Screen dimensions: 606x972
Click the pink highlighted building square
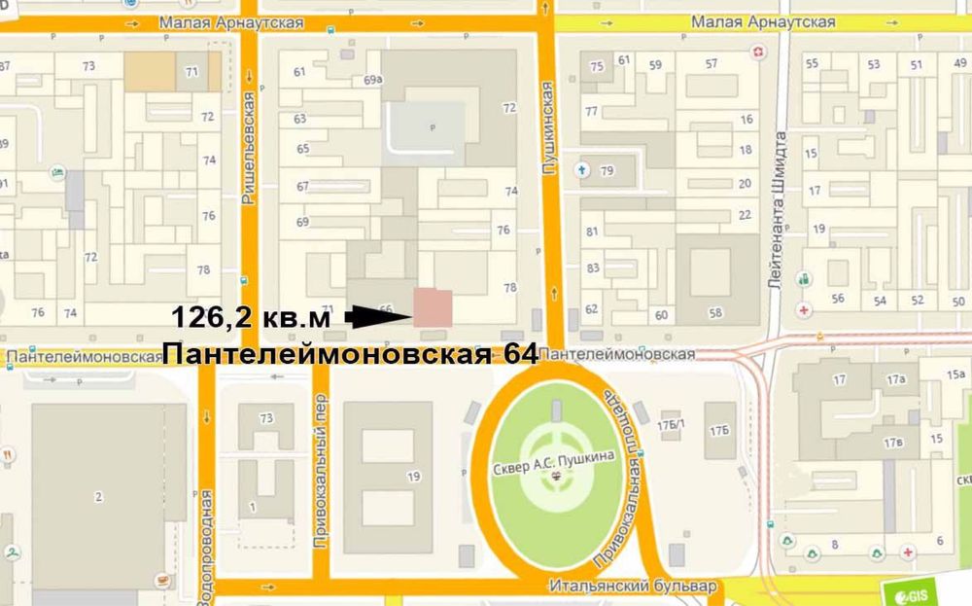(433, 307)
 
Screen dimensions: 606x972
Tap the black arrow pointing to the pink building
(377, 315)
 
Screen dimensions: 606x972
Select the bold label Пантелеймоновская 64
(350, 352)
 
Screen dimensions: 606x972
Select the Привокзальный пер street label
(320, 471)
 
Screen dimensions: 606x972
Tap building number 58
(716, 312)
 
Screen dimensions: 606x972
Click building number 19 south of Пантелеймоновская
(413, 476)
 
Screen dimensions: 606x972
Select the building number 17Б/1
(671, 424)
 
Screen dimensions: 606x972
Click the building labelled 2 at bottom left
(98, 497)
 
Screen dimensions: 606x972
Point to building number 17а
(895, 378)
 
